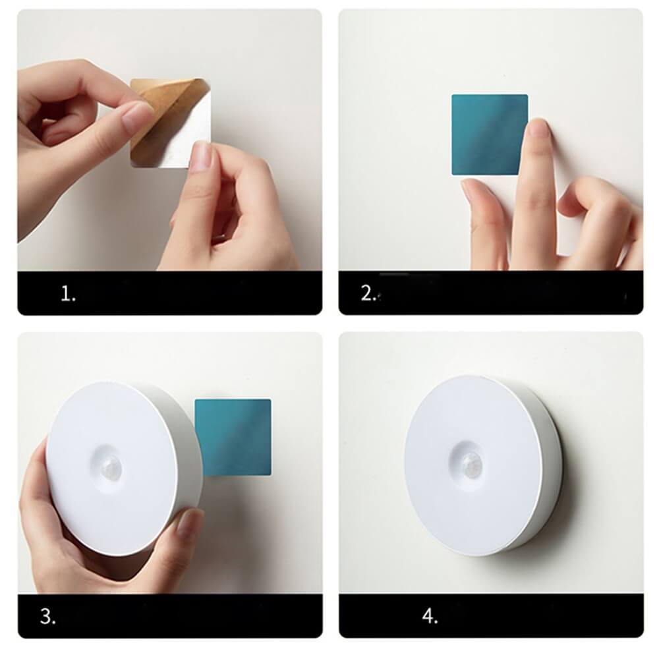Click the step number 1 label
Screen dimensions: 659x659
(x=68, y=293)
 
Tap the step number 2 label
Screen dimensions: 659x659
(x=368, y=293)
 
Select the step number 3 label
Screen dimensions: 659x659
(x=47, y=617)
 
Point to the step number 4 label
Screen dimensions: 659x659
(x=430, y=616)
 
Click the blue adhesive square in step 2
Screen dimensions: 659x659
(x=490, y=134)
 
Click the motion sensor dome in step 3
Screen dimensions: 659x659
(x=111, y=467)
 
